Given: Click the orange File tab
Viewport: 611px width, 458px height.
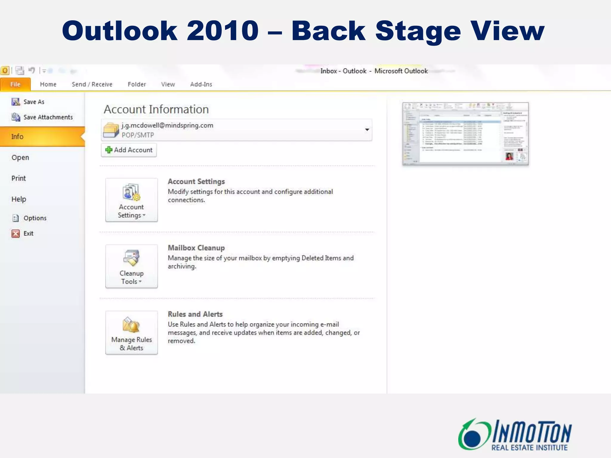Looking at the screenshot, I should [x=15, y=84].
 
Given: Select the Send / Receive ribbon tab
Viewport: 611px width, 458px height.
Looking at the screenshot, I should [x=92, y=84].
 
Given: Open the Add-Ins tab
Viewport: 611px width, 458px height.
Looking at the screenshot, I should [x=201, y=84].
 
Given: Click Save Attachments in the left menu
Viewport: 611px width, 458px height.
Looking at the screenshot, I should [x=48, y=117].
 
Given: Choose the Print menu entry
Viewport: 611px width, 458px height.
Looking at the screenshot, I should [x=18, y=178].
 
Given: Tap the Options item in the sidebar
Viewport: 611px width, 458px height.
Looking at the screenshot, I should [x=35, y=218].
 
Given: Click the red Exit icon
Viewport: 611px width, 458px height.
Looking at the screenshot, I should [x=16, y=233].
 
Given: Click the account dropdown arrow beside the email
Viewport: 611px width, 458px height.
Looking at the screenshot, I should [x=367, y=130].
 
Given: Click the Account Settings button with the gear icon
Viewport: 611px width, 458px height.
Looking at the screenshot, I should [x=131, y=200].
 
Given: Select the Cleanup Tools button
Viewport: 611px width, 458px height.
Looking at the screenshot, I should [x=131, y=266].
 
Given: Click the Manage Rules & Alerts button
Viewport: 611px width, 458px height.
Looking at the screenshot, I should [x=131, y=332].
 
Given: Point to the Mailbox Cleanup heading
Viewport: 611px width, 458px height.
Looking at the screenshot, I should [x=196, y=248].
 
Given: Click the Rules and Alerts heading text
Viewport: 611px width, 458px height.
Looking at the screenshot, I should [x=195, y=314].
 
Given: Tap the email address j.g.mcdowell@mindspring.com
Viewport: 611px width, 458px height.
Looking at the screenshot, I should [x=167, y=125].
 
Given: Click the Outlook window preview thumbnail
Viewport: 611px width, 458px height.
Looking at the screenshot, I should [x=465, y=134].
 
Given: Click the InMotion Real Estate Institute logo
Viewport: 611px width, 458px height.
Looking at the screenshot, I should [x=515, y=435].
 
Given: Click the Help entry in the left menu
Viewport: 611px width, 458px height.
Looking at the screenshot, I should [x=19, y=199].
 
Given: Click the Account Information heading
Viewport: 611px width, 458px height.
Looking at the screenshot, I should [x=156, y=109].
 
